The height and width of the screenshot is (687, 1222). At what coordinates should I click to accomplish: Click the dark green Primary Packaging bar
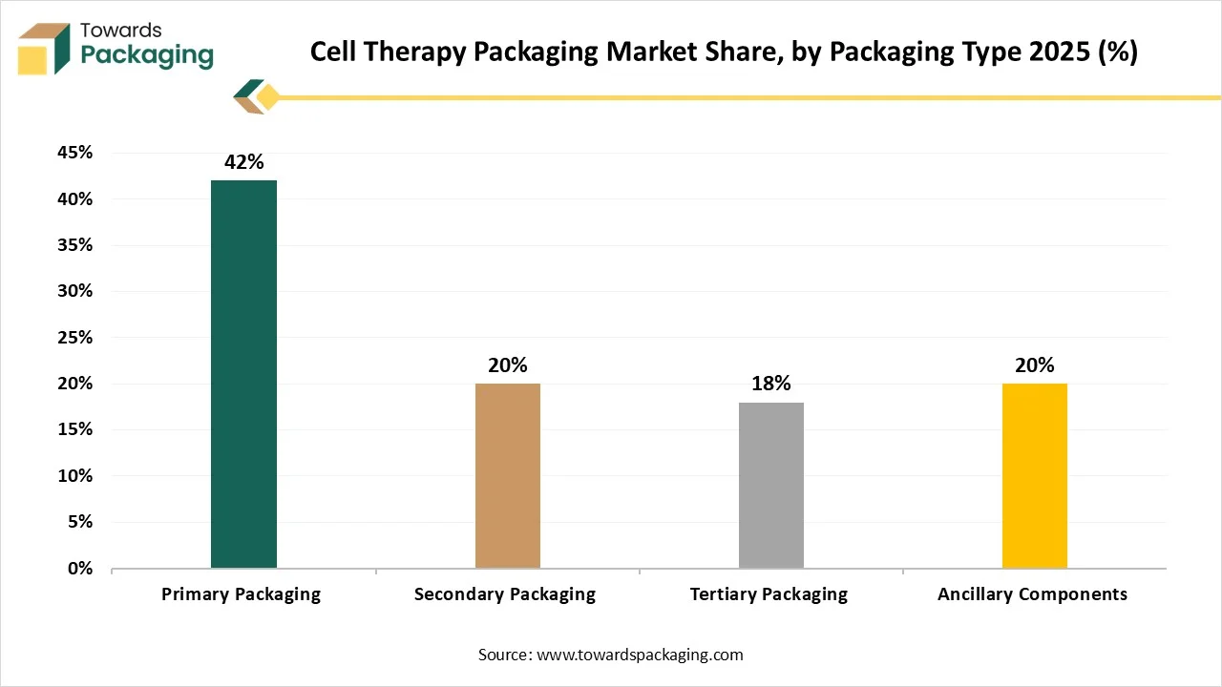click(x=243, y=374)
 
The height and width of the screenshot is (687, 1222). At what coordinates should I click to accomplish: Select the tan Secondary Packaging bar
click(x=508, y=475)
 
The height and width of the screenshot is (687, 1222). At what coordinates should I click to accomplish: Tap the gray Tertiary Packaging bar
click(x=771, y=485)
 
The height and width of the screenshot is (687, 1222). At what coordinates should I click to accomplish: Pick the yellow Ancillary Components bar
click(x=1035, y=475)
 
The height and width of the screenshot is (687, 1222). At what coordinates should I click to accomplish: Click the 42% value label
click(x=243, y=162)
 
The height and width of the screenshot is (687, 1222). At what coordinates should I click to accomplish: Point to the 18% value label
click(x=771, y=384)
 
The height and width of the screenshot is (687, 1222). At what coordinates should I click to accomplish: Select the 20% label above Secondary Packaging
click(x=508, y=365)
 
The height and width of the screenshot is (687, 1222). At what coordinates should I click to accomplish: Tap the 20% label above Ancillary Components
click(x=1035, y=365)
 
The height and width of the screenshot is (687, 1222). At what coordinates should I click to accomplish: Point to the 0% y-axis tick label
click(x=80, y=569)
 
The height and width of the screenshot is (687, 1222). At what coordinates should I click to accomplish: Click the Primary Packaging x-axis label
click(x=241, y=594)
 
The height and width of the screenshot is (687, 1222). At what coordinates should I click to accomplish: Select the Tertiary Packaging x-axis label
click(x=769, y=594)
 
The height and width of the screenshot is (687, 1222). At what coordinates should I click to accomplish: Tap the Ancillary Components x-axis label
click(x=1032, y=594)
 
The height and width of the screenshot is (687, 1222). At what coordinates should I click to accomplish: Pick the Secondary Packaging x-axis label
click(x=504, y=594)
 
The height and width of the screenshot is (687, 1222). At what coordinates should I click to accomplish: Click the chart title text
click(x=724, y=52)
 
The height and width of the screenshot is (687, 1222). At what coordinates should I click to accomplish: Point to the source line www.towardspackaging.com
click(x=610, y=655)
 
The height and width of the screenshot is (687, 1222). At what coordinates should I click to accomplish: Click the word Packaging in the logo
click(x=147, y=55)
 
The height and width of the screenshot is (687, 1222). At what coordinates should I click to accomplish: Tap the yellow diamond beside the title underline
click(x=268, y=96)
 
